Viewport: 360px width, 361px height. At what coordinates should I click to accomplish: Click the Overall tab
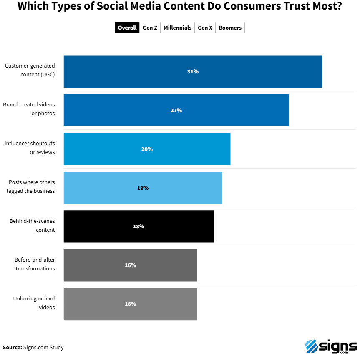pyautogui.click(x=127, y=28)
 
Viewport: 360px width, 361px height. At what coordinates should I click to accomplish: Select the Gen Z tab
pyautogui.click(x=150, y=28)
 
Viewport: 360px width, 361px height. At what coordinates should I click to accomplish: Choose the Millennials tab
pyautogui.click(x=177, y=28)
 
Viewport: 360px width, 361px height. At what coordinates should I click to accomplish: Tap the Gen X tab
pyautogui.click(x=205, y=28)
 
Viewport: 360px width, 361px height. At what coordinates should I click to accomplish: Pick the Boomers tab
pyautogui.click(x=230, y=28)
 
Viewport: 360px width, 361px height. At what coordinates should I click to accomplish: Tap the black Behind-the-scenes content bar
pyautogui.click(x=175, y=227)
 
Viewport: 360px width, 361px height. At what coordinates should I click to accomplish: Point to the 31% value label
pyautogui.click(x=193, y=72)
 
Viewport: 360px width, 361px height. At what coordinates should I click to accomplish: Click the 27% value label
pyautogui.click(x=176, y=111)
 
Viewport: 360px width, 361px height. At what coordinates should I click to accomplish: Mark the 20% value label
pyautogui.click(x=147, y=149)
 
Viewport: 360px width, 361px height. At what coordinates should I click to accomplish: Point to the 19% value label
pyautogui.click(x=143, y=188)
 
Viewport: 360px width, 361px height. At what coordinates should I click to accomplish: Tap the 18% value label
pyautogui.click(x=138, y=227)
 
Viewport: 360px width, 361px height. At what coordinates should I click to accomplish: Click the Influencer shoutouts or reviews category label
pyautogui.click(x=30, y=148)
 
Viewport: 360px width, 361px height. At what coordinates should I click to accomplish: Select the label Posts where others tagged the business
pyautogui.click(x=32, y=187)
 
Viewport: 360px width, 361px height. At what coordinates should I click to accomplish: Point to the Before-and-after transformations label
pyautogui.click(x=35, y=264)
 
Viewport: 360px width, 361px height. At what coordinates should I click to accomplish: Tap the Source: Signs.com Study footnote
pyautogui.click(x=33, y=347)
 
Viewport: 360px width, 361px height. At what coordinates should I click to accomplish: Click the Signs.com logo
pyautogui.click(x=331, y=347)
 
